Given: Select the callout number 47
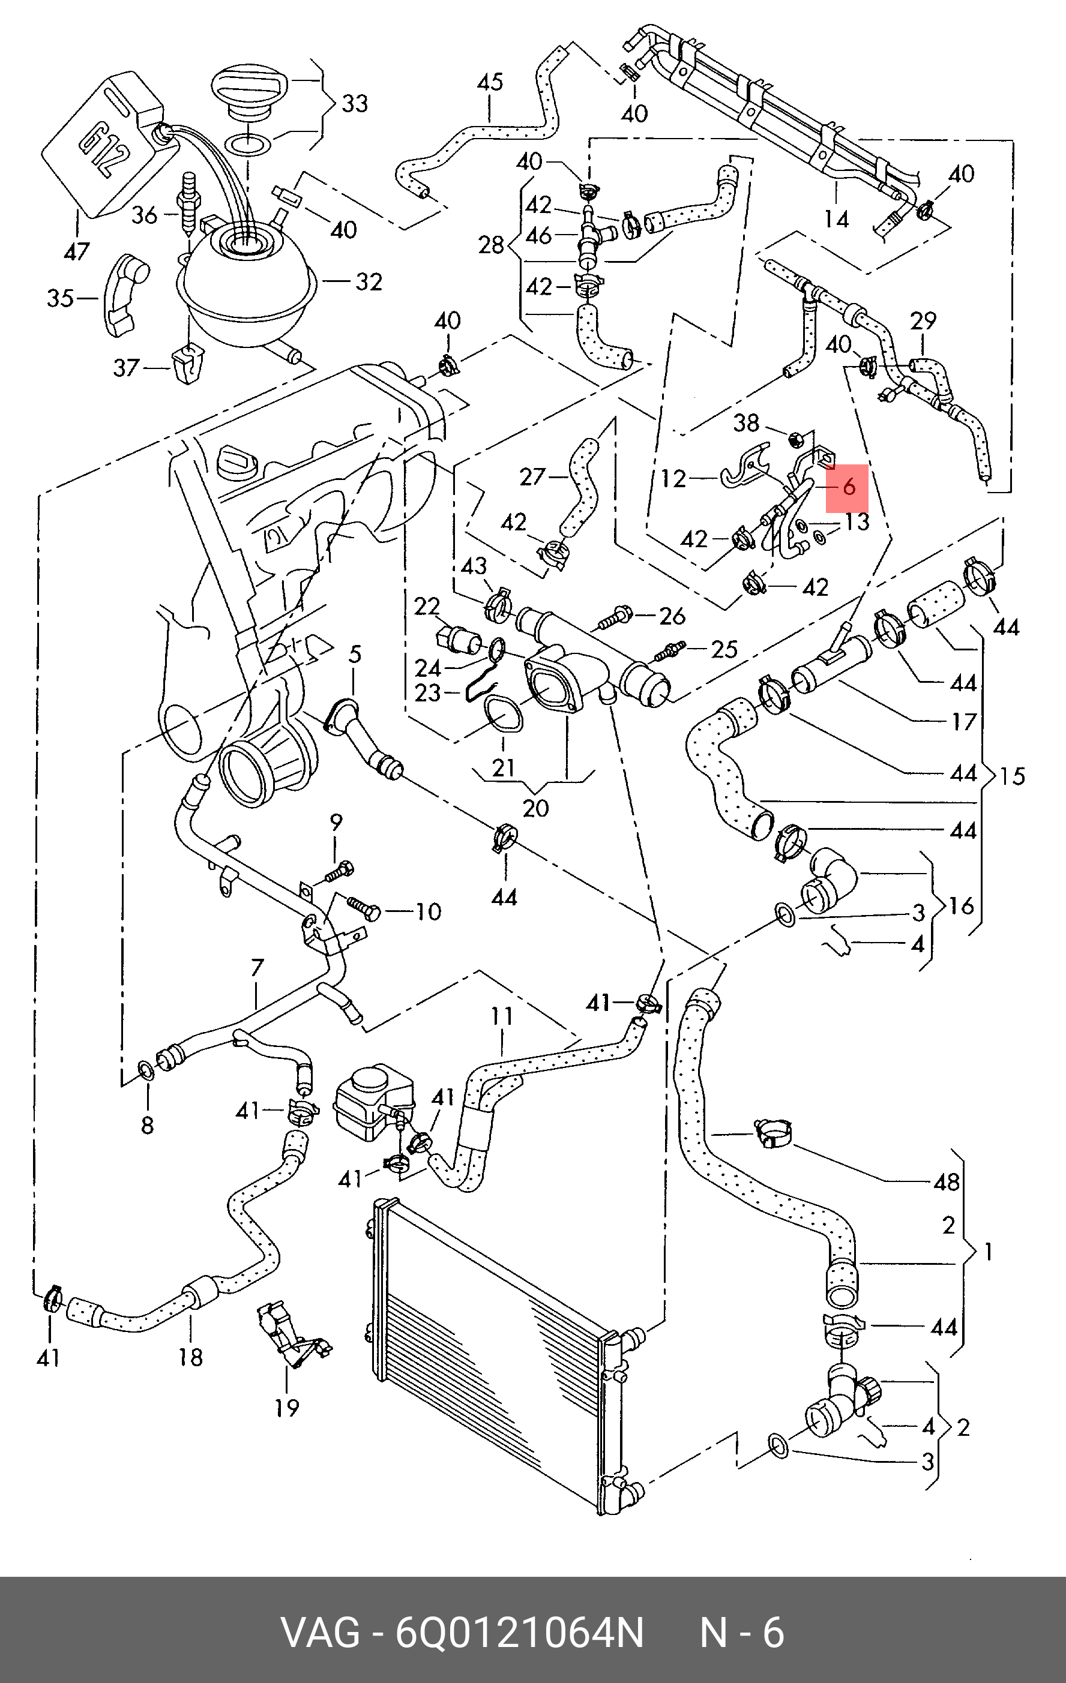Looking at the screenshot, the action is (76, 251).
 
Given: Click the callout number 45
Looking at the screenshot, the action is (489, 82).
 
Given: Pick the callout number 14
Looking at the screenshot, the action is (836, 220).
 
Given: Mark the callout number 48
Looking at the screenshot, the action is (947, 1181).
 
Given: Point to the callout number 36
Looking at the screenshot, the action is (145, 215).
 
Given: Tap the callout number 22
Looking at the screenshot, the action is (427, 606).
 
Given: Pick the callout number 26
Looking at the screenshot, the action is (672, 616).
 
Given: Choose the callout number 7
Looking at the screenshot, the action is (256, 967).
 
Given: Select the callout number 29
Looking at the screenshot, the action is (923, 321).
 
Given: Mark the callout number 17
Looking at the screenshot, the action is (964, 721).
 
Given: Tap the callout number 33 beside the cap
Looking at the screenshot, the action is (354, 103).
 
